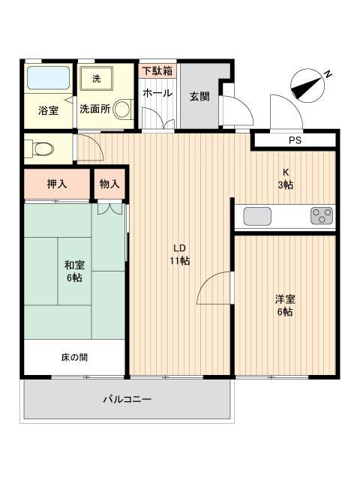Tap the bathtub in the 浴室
coord(47,78)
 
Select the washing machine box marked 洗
coord(96,78)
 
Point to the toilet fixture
coord(39,148)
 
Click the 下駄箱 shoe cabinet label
coord(157,71)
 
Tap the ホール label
coord(157,94)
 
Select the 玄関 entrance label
coord(199,96)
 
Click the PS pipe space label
coord(294,141)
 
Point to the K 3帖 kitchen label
coord(286,178)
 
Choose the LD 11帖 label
coord(180,254)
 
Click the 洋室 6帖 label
coord(286,305)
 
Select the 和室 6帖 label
coord(73,271)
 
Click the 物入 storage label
coord(109,184)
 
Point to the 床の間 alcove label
coord(73,358)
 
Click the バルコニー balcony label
coord(127,399)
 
